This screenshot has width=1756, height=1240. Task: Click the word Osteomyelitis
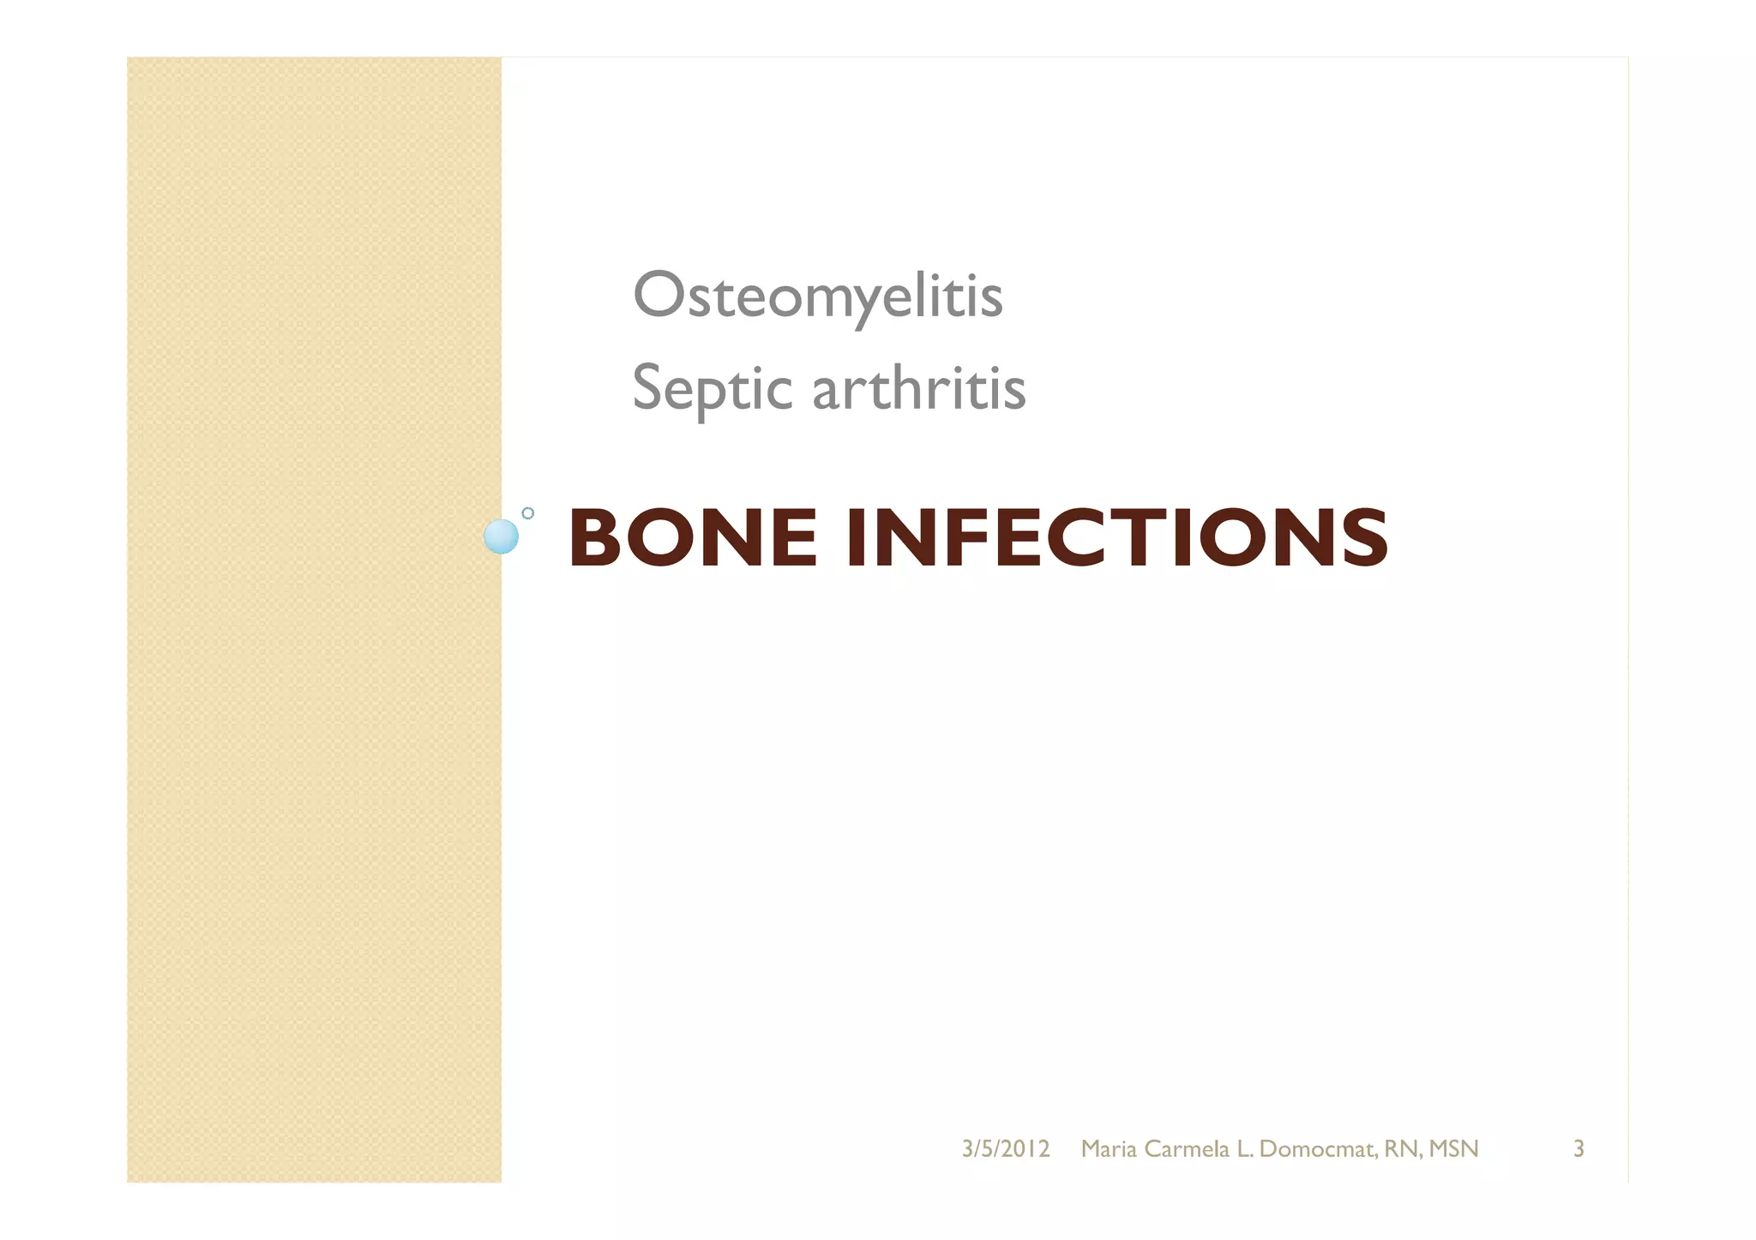pos(817,297)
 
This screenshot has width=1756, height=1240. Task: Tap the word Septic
pos(711,388)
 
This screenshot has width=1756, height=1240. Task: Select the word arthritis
pos(918,388)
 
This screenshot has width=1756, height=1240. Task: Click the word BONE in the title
pos(693,538)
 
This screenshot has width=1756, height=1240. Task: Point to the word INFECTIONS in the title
pos(1116,538)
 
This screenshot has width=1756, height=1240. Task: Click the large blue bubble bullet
pos(501,536)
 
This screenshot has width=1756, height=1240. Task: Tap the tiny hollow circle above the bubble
pos(528,512)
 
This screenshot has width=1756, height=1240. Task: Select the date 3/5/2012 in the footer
pos(1006,1149)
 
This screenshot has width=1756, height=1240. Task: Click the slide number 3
pos(1579,1149)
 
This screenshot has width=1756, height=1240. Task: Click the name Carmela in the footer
pos(1187,1149)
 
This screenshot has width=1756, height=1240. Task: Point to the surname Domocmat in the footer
pos(1318,1149)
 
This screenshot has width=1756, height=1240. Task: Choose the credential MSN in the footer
pos(1454,1149)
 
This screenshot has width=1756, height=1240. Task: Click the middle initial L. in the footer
pos(1245,1149)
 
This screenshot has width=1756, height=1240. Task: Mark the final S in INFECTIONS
pos(1364,538)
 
